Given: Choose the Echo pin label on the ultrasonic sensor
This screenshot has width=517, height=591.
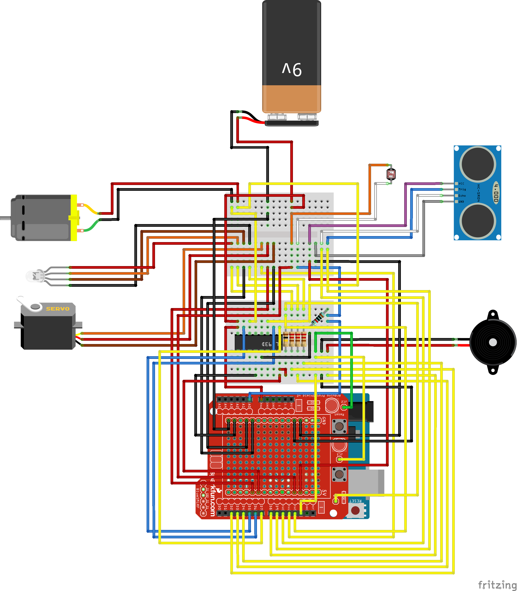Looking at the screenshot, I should pyautogui.click(x=462, y=196).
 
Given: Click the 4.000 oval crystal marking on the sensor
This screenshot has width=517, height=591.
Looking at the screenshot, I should pyautogui.click(x=496, y=193).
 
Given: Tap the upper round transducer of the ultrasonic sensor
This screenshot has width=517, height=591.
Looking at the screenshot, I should pyautogui.click(x=477, y=164).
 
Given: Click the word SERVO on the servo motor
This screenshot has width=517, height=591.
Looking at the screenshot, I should pyautogui.click(x=58, y=309).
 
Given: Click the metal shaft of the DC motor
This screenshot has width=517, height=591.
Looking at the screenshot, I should pyautogui.click(x=5, y=218).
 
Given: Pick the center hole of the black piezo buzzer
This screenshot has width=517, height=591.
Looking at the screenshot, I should pyautogui.click(x=493, y=342).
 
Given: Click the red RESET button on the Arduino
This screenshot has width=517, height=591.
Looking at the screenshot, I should pyautogui.click(x=355, y=510).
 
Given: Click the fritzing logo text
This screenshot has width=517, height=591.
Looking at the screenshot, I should pyautogui.click(x=497, y=585).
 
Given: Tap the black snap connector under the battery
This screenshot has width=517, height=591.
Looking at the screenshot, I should pyautogui.click(x=291, y=123).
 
